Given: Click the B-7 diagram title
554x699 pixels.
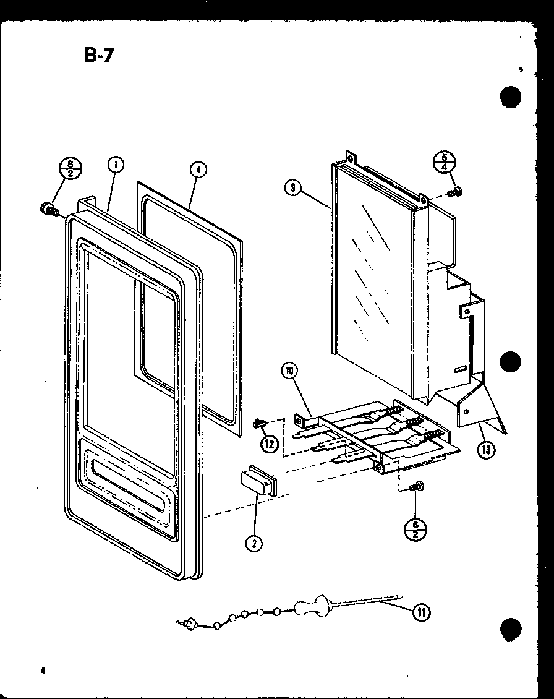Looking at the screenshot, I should point(100,56).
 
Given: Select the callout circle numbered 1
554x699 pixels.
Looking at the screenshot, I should point(116,165).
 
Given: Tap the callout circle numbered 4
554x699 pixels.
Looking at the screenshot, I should point(197,168).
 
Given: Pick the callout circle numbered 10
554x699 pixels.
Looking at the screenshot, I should point(289,371).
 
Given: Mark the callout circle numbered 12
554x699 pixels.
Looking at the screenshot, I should point(268,443).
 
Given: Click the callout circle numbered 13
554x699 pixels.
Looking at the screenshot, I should point(487,450).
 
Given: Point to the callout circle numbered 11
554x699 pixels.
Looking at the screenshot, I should point(420,612).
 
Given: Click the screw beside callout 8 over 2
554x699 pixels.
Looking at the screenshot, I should point(48,210).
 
